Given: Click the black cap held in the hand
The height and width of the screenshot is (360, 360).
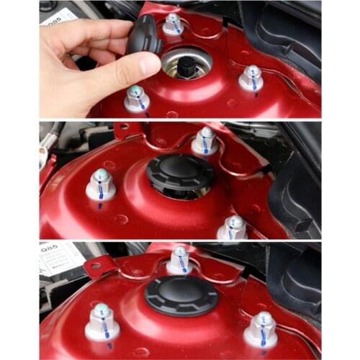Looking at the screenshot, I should tap(145, 36).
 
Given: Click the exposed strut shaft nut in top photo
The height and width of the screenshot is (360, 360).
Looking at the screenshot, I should tap(186, 67).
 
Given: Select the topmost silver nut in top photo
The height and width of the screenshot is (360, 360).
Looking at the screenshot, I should tap(173, 24).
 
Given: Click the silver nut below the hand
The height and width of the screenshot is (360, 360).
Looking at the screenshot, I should tap(136, 99).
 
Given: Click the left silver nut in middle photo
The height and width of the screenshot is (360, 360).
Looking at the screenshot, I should tap(101, 186).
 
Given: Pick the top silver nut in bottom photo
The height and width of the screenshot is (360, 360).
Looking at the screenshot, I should tap(179, 260).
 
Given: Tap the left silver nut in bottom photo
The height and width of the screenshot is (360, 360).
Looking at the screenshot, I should tap(102, 322).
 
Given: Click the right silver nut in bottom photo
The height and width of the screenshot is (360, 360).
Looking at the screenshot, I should tap(261, 329).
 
